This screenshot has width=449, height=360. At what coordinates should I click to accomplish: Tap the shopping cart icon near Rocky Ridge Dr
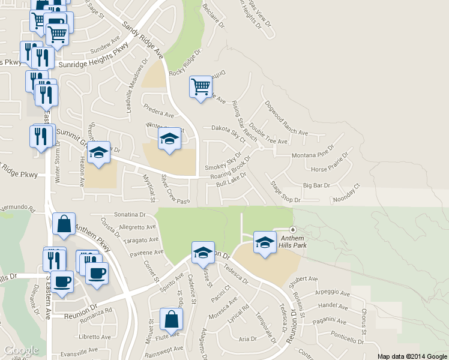click(x=200, y=86)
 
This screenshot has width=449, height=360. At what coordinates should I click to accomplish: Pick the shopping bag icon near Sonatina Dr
click(x=63, y=224)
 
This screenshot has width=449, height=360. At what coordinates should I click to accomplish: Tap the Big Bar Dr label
click(x=317, y=185)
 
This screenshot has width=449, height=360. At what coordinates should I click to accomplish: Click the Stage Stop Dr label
click(x=285, y=192)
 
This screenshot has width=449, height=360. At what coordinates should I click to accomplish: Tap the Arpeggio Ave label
click(x=333, y=295)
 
